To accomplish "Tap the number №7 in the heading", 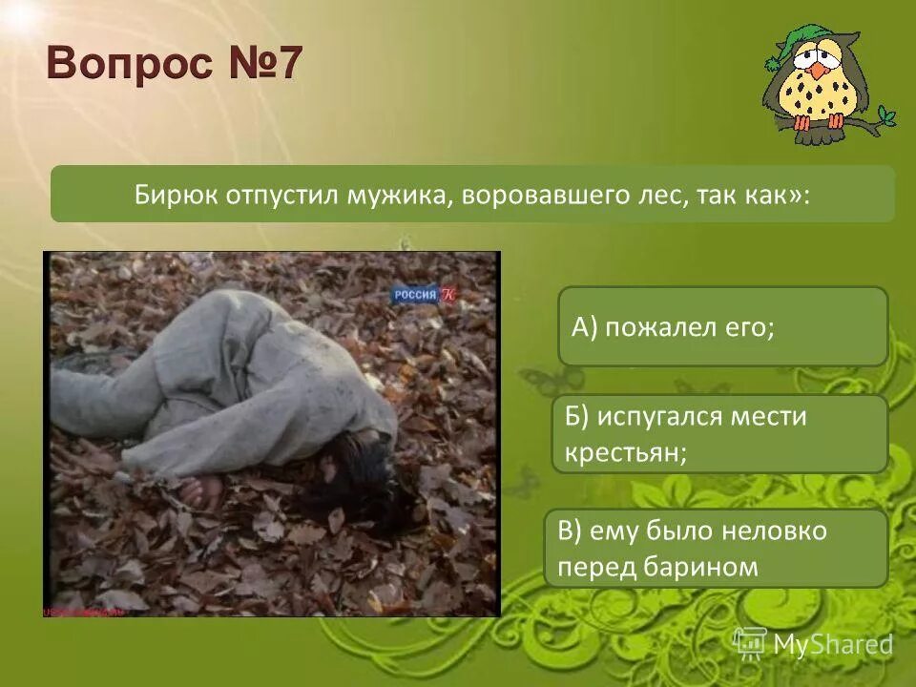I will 265,65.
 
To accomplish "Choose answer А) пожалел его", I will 722,326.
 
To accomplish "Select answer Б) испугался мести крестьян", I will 719,433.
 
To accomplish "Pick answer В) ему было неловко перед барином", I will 716,548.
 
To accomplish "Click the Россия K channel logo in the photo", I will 424,295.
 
